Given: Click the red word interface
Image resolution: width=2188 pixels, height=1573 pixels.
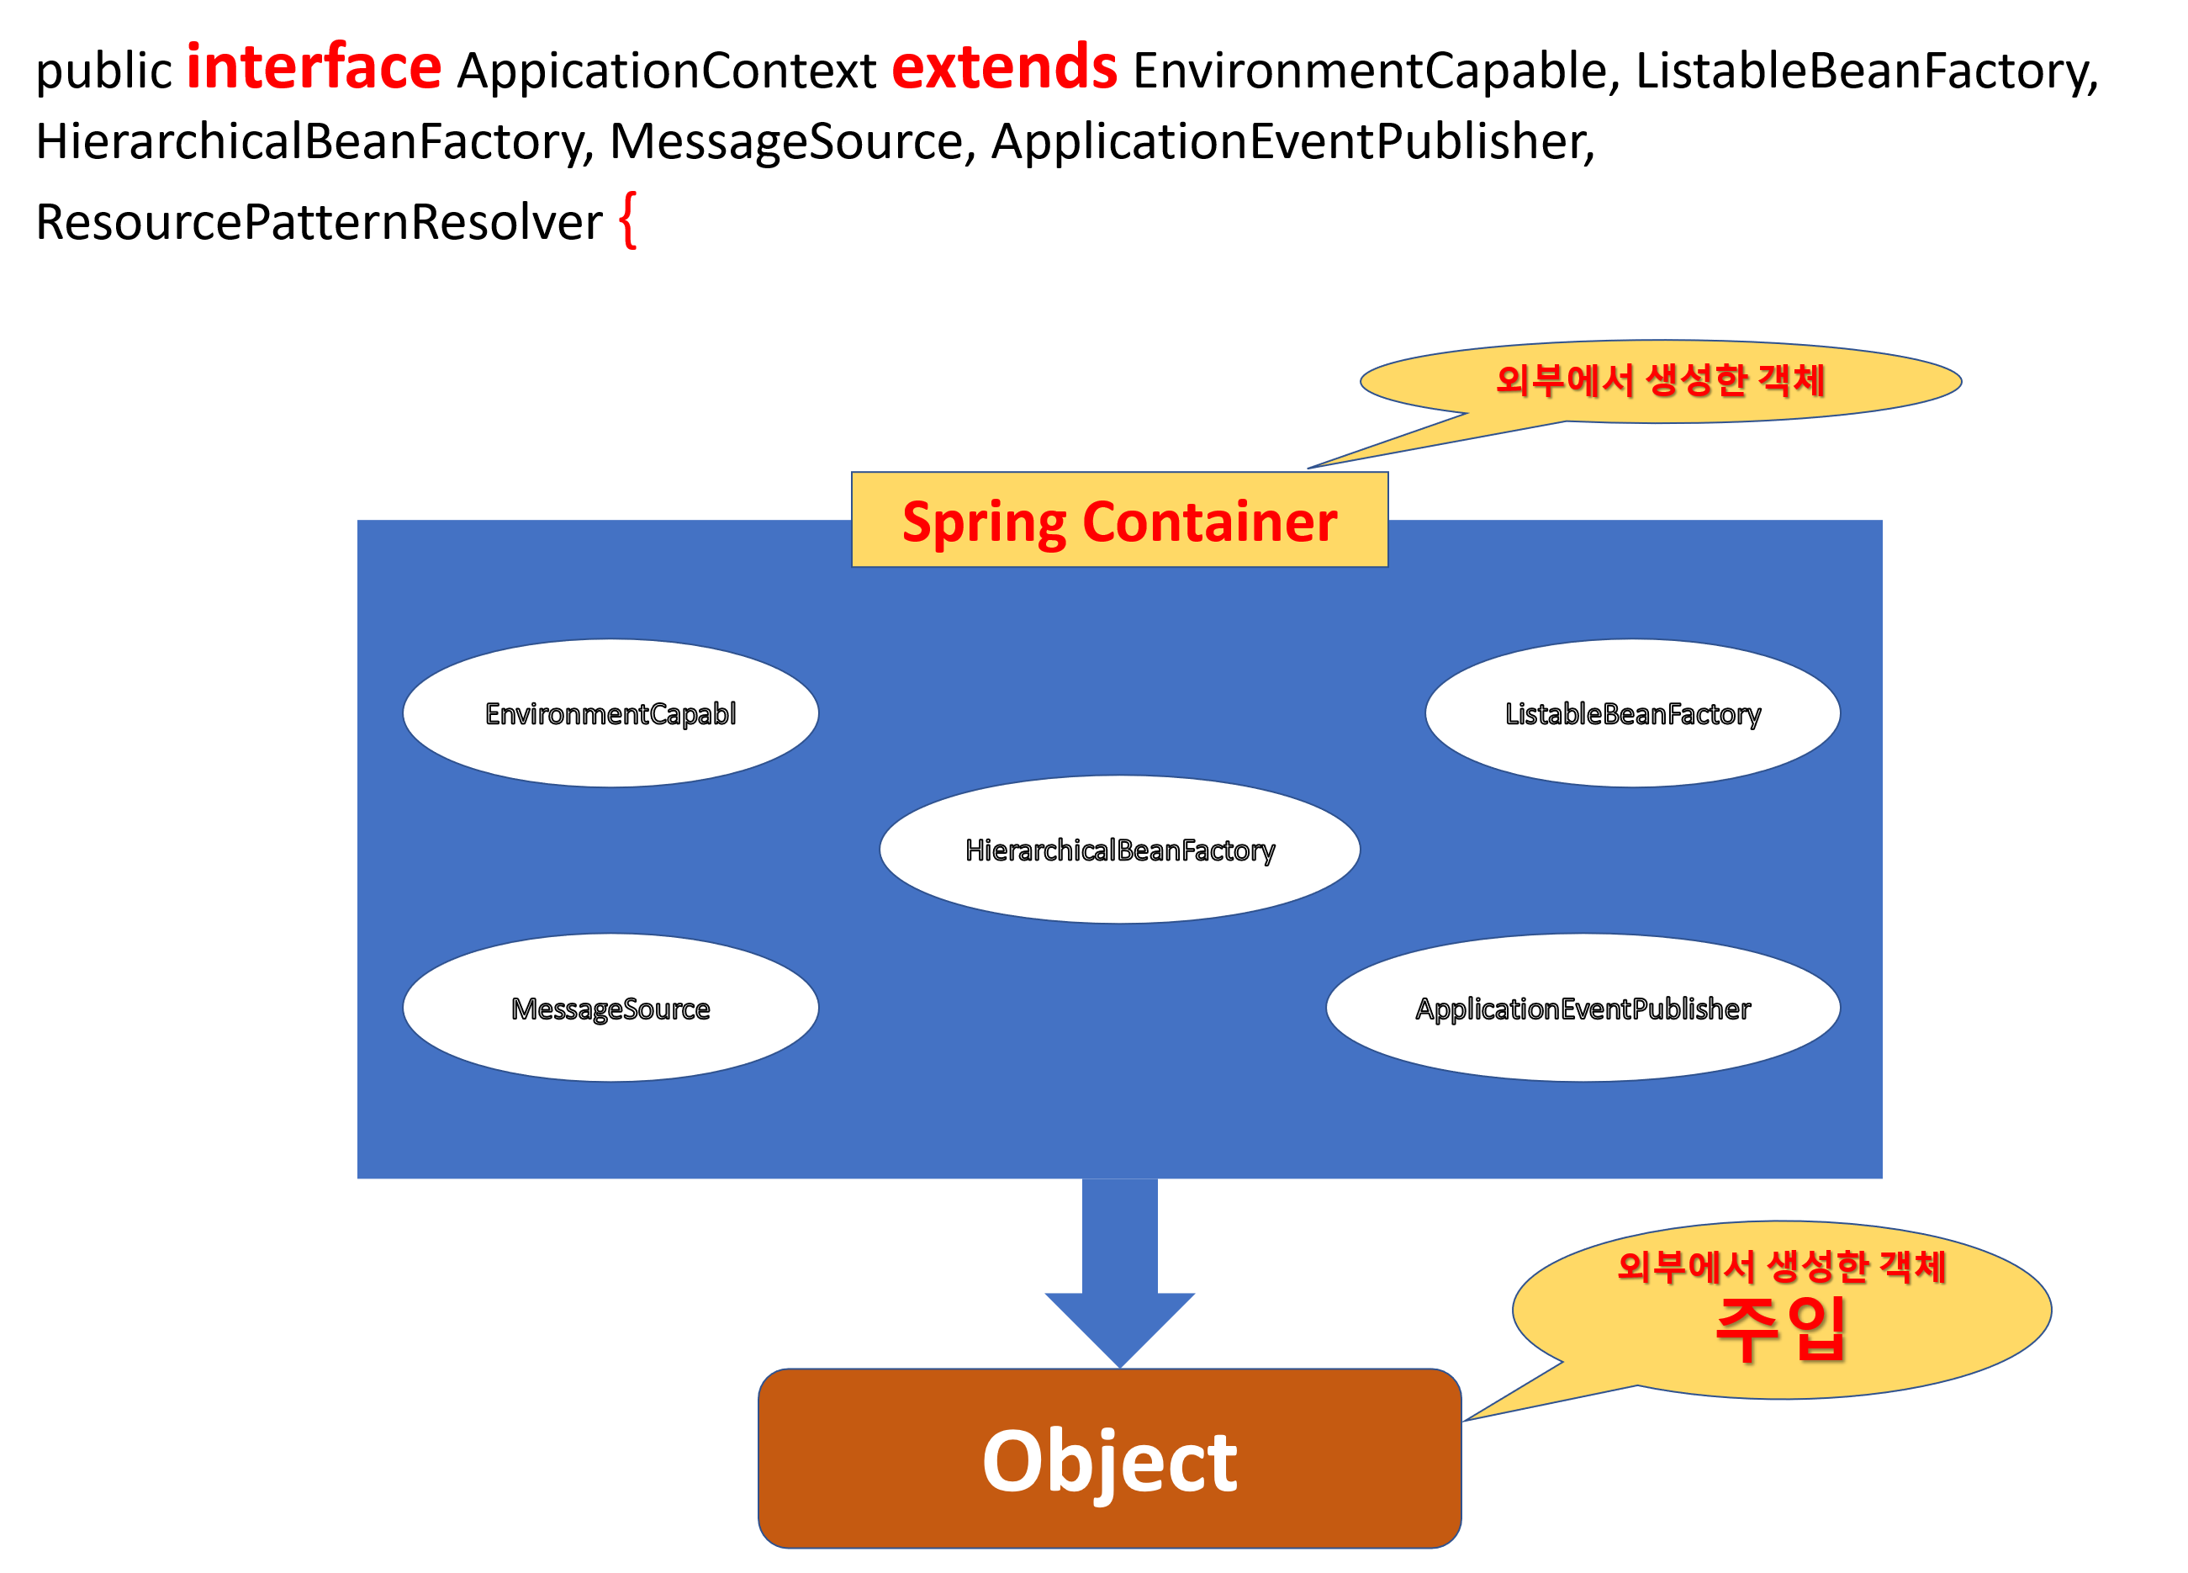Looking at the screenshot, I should coord(314,66).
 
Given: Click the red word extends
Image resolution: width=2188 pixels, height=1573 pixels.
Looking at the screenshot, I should coord(1004,66).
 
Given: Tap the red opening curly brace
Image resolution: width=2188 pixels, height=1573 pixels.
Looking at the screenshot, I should coord(628,220).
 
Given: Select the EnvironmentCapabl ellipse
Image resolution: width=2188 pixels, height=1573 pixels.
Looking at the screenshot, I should coord(610,713).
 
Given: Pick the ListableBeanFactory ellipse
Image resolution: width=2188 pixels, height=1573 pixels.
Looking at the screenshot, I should coord(1632,713).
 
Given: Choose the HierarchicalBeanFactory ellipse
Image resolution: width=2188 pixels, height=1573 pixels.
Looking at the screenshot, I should coord(1119,850).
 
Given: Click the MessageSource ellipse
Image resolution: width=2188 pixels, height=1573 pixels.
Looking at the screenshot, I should coord(610,1008).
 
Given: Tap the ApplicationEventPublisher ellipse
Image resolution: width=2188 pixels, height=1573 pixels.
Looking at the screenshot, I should coord(1583,1008).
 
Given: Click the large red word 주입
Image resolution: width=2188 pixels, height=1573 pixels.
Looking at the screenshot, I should coord(1780,1329).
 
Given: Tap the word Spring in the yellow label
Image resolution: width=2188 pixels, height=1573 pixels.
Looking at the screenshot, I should coord(984,523).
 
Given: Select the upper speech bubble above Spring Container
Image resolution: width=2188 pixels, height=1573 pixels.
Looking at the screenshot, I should coord(1659,381).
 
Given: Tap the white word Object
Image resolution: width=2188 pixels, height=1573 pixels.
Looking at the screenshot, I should coord(1109,1461).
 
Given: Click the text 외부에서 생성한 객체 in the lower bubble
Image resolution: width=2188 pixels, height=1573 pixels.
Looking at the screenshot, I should coord(1780,1266).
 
